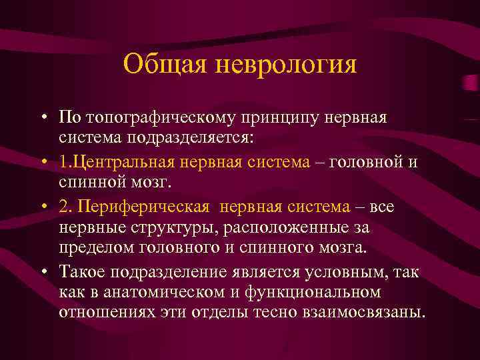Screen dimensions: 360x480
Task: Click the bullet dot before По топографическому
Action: [42, 119]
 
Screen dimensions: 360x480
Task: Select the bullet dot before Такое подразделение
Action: [42, 271]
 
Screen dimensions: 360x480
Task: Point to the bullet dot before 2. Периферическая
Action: [42, 207]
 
